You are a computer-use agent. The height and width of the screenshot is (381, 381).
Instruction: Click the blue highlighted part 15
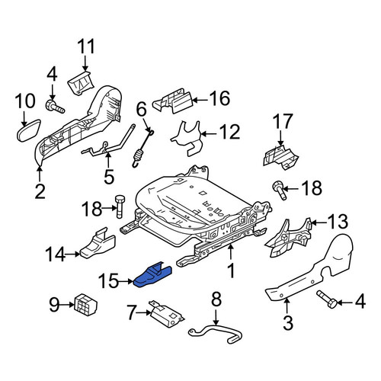click(152, 276)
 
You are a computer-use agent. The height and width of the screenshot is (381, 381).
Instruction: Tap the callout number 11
click(86, 46)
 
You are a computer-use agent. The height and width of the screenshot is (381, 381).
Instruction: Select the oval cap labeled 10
click(29, 130)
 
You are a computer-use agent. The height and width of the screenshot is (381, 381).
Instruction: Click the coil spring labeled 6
click(142, 150)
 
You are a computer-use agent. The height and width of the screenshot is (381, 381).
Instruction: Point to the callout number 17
click(283, 121)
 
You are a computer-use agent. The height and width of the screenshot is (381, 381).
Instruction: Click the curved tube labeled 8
click(216, 330)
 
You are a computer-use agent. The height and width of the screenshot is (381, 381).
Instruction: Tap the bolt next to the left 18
click(120, 207)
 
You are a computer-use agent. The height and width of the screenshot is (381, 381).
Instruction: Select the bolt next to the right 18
click(280, 190)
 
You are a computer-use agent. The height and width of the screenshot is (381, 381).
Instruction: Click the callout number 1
click(231, 271)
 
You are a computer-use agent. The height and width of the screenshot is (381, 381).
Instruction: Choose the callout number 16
click(219, 98)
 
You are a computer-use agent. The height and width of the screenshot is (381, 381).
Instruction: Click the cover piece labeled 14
click(98, 243)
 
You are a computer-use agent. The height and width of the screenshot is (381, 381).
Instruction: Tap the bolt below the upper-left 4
click(55, 107)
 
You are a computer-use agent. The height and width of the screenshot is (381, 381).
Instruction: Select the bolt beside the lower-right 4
click(327, 299)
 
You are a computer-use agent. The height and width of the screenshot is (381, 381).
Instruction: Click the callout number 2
click(40, 192)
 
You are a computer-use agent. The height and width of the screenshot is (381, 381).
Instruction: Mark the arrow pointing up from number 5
click(108, 159)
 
